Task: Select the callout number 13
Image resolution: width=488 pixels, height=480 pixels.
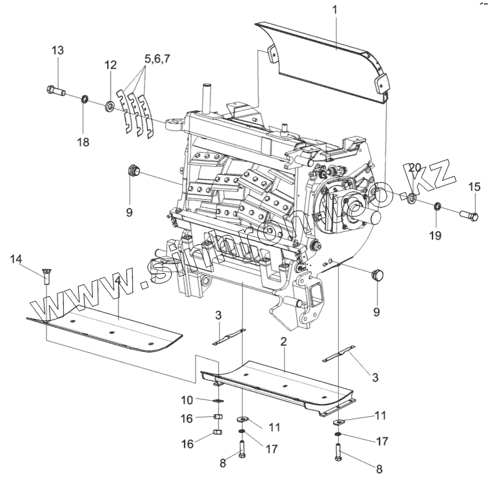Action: [57, 52]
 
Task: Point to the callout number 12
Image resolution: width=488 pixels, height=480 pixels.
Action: [111, 65]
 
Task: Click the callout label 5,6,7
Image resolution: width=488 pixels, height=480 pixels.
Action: [158, 59]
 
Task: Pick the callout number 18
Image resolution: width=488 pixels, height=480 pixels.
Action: [84, 142]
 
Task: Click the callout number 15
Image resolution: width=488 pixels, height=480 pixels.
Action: [474, 187]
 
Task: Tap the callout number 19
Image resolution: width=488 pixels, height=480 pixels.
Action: [436, 235]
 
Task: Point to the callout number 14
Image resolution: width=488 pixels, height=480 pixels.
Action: [16, 259]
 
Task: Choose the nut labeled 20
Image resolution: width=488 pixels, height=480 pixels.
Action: [411, 196]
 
